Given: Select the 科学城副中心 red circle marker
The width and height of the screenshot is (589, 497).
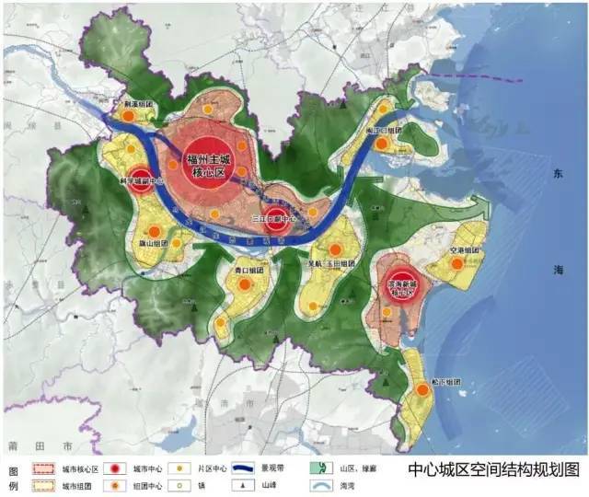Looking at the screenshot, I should [140, 179].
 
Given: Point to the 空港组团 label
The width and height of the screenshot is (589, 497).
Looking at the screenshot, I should [458, 250].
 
